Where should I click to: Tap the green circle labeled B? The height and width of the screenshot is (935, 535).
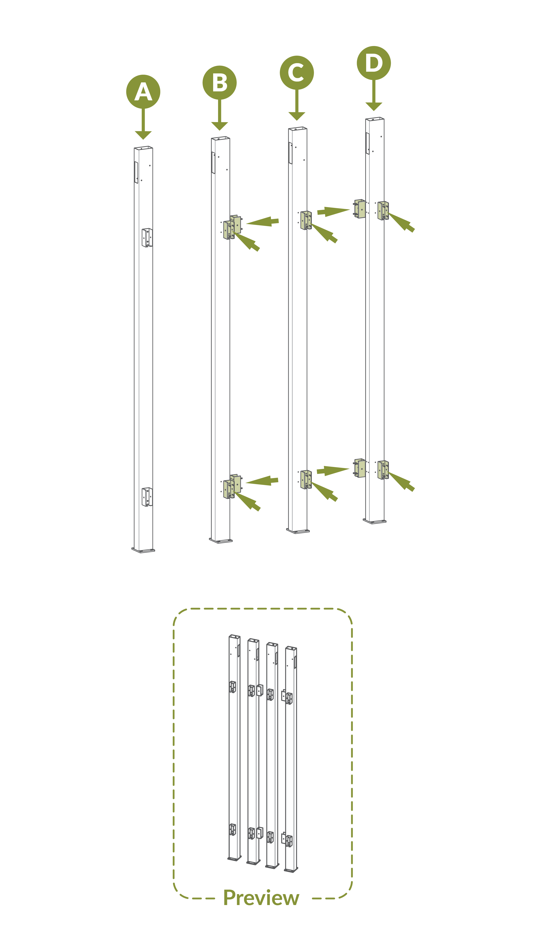click(x=219, y=82)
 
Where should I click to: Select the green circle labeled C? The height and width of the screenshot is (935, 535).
click(x=297, y=72)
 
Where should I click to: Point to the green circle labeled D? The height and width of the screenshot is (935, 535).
click(x=374, y=63)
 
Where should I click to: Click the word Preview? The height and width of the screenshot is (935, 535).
click(x=261, y=898)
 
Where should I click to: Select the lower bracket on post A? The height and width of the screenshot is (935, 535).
click(x=147, y=497)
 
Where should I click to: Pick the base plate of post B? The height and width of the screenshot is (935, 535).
click(x=221, y=541)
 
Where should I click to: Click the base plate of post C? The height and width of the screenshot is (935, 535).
click(x=298, y=531)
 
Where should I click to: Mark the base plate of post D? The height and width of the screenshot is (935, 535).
click(x=375, y=521)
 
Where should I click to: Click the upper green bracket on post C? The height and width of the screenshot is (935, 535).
click(x=306, y=220)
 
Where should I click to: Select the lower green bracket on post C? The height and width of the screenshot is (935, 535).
click(x=306, y=479)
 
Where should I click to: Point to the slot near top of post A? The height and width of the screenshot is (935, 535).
click(x=136, y=172)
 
